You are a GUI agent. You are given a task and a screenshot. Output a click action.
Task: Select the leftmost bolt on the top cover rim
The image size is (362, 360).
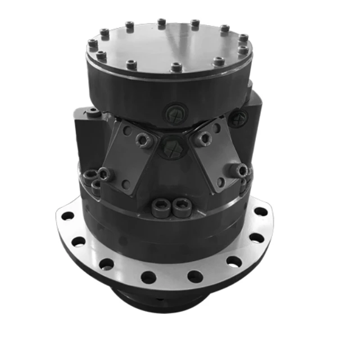pos(92,43)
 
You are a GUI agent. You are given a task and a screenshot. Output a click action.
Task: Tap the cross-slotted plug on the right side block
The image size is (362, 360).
pos(239,117)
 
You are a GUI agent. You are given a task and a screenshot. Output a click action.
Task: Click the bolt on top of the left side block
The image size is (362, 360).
pos(94,115)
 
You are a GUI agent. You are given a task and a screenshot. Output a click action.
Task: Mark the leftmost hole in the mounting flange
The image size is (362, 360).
pos(67,216)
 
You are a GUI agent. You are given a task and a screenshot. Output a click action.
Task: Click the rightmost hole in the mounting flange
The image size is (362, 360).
pos(261,212)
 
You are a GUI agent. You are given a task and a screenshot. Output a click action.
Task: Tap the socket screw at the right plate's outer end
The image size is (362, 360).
pos(241,170)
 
